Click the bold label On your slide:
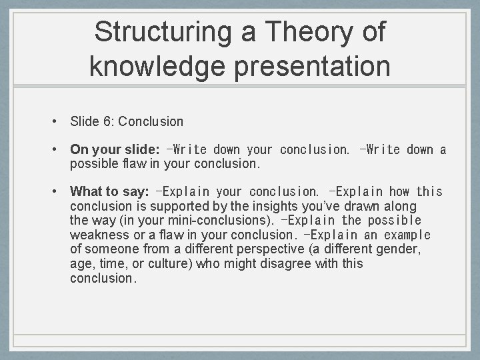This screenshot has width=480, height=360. coord(114,149)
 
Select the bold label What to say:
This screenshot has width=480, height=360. coord(109,192)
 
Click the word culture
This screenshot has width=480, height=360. coord(171,263)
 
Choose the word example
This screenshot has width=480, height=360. coord(408,235)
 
